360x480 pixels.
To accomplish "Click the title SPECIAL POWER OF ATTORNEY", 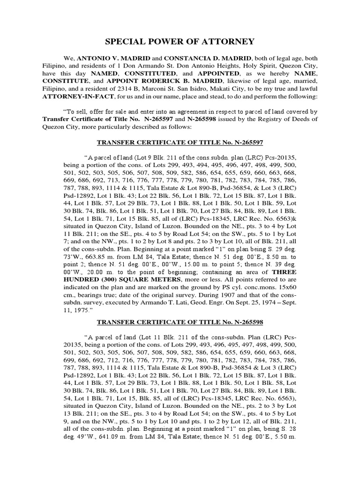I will click(180, 41).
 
